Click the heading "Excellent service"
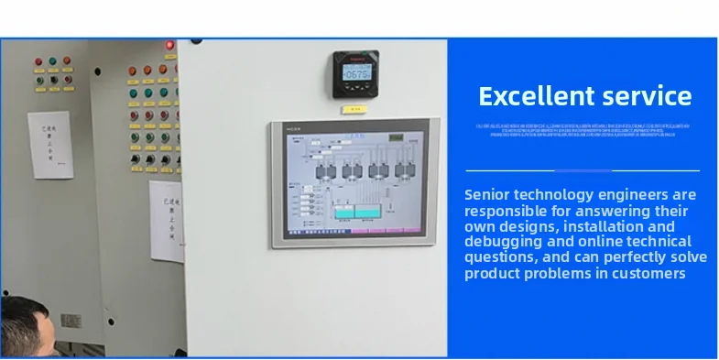click(584, 95)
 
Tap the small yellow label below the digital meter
click(354, 108)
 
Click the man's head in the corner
click(23, 330)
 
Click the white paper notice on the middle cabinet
click(166, 220)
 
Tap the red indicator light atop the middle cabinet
click(169, 45)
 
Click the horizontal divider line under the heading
click(583, 170)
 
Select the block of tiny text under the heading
click(583, 129)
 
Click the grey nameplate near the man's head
click(71, 322)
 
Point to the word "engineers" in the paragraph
click(646, 194)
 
